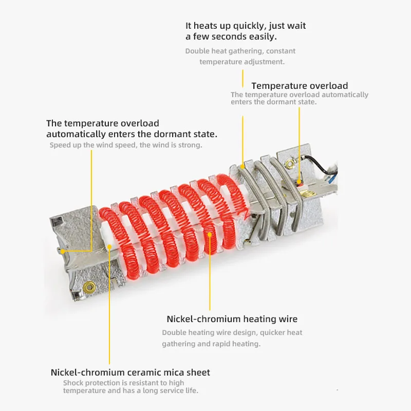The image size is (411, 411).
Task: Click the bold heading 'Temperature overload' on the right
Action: coord(300,86)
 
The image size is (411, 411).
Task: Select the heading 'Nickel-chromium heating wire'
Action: coord(232,319)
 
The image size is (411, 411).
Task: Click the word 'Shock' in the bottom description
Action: coord(73,383)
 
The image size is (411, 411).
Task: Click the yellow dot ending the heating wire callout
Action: coord(210,234)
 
